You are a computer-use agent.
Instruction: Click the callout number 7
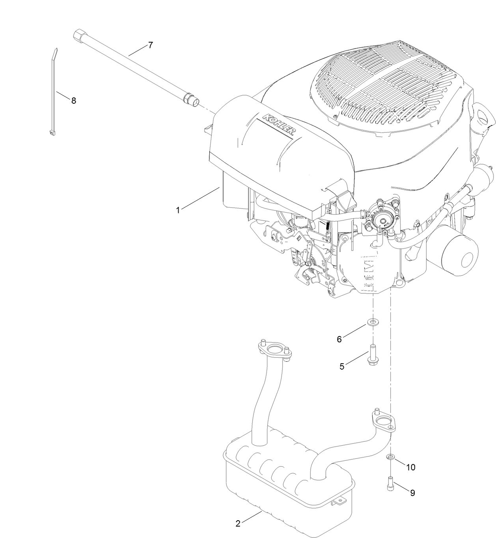pos(150,45)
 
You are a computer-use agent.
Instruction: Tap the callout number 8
pos(74,101)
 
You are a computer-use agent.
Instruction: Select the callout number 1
pos(178,210)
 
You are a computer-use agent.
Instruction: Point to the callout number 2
pos(238,524)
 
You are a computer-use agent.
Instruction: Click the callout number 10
pos(410,467)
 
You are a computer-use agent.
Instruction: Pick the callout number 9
pos(412,493)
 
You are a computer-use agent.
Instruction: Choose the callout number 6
pos(339,339)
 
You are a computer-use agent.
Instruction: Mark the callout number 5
pos(342,366)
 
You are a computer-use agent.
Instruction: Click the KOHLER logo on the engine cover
pos(279,125)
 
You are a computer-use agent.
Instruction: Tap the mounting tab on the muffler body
pos(338,502)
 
